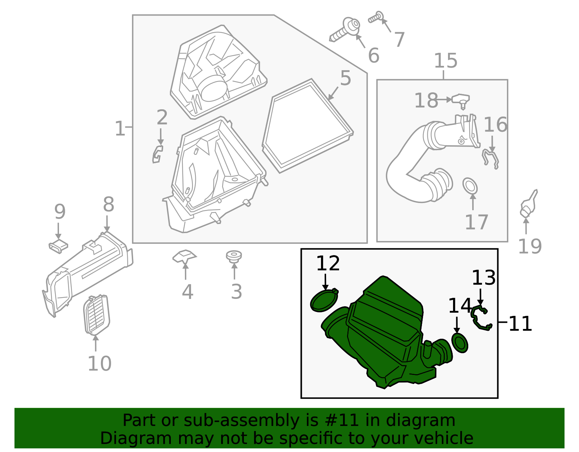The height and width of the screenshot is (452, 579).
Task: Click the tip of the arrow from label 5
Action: pos(328,100)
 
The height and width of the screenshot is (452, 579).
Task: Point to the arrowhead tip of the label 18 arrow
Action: pos(452,100)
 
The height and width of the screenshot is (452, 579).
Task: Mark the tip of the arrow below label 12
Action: pos(325,290)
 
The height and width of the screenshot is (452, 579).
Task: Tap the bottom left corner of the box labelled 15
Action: pos(377,242)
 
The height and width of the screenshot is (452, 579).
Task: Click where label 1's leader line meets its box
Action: pos(133,127)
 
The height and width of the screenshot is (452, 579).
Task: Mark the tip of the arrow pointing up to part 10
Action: pos(96,335)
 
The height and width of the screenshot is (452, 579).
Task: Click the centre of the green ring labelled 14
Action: pos(460,343)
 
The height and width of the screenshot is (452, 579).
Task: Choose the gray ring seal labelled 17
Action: pos(470,186)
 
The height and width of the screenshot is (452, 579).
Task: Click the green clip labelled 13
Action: pos(481,318)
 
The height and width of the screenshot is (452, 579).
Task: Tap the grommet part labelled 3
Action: pos(234,257)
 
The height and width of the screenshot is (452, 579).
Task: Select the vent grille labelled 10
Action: pos(97,314)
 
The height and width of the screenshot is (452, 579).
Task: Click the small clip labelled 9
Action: pos(58,246)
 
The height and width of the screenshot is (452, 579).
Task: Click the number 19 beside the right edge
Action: pos(530,246)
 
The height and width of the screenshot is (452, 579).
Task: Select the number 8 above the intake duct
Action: pos(109,204)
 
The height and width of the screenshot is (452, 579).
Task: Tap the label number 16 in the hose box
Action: pos(495,124)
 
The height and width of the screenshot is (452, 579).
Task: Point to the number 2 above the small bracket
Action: pos(162,117)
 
